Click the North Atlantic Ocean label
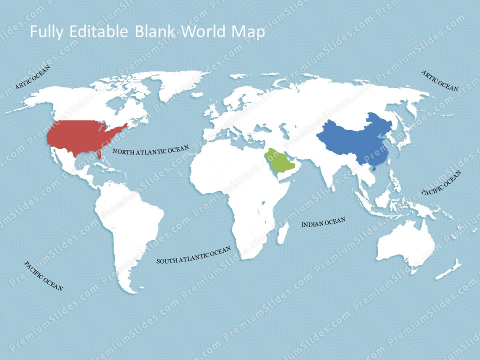(150, 150)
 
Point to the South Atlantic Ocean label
(193, 255)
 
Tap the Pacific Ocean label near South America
(43, 276)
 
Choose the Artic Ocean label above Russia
(440, 80)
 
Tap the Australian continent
(405, 242)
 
